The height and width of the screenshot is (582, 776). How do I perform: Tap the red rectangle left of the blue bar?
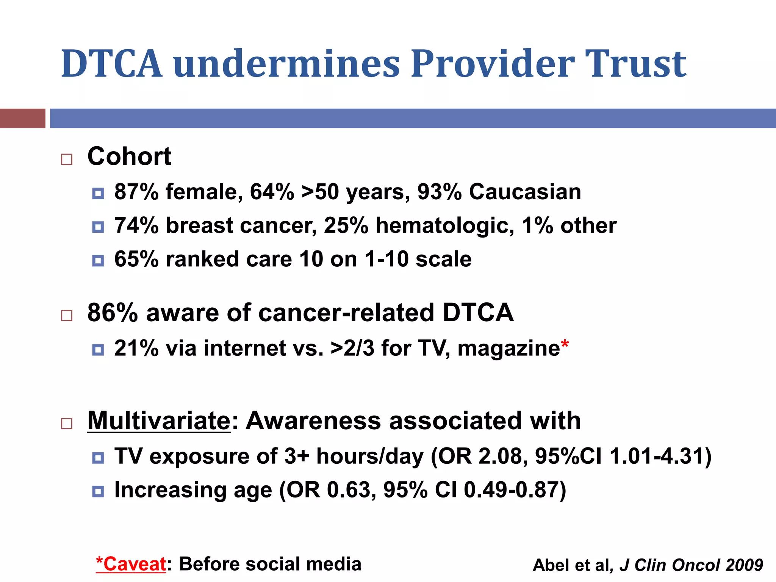[23, 118]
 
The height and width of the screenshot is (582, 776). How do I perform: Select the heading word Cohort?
[129, 156]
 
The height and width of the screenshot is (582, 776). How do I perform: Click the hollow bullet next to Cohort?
[67, 159]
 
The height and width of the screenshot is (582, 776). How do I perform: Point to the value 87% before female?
[136, 192]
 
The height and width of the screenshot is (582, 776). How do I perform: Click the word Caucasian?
[525, 192]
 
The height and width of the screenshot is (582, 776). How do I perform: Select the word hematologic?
[445, 226]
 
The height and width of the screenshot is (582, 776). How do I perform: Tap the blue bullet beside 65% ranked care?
[98, 261]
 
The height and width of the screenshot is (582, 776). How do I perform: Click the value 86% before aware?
[113, 313]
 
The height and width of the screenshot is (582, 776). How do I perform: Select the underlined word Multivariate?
[159, 421]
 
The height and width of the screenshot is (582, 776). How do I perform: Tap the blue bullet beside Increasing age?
[98, 491]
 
